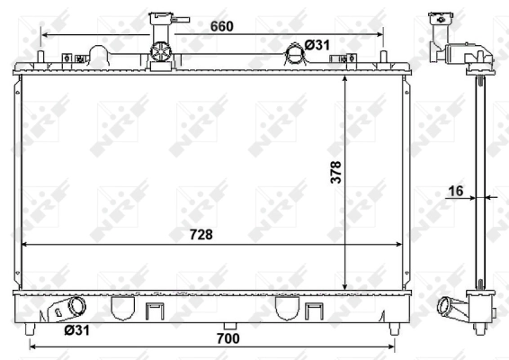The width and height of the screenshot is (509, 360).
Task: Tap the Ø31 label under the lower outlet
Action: [x=76, y=330]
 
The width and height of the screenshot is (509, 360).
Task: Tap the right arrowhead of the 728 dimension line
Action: [x=402, y=244]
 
